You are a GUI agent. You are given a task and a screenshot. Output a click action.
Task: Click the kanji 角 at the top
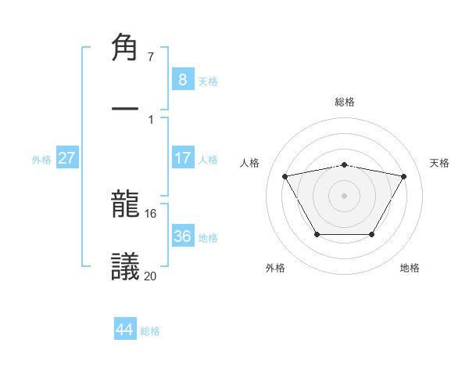click(125, 49)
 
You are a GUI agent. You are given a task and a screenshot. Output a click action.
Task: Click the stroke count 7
click(151, 57)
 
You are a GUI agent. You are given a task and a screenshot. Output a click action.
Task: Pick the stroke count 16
click(151, 213)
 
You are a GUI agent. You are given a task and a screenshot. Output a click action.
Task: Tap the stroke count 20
click(151, 275)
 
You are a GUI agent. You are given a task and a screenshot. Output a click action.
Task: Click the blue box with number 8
click(182, 79)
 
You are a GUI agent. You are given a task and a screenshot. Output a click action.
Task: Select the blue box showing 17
click(182, 157)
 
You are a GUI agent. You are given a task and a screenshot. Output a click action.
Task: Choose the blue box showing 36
click(182, 236)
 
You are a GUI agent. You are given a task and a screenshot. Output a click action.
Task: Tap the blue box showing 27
click(67, 157)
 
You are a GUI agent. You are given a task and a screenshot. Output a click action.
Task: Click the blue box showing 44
click(125, 329)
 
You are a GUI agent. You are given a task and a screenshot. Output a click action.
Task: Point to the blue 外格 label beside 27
click(41, 159)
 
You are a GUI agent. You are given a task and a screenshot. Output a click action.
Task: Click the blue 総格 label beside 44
click(150, 330)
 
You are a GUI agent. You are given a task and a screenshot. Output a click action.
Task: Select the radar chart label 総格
click(345, 102)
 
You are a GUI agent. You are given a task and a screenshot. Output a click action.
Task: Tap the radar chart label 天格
click(440, 163)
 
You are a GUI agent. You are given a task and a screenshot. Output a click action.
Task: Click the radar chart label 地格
click(410, 268)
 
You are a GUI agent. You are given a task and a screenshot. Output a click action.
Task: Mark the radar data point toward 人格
click(285, 176)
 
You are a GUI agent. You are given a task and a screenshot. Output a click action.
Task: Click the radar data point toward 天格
click(404, 176)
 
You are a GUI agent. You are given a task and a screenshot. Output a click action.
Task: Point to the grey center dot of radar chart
click(345, 195)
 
